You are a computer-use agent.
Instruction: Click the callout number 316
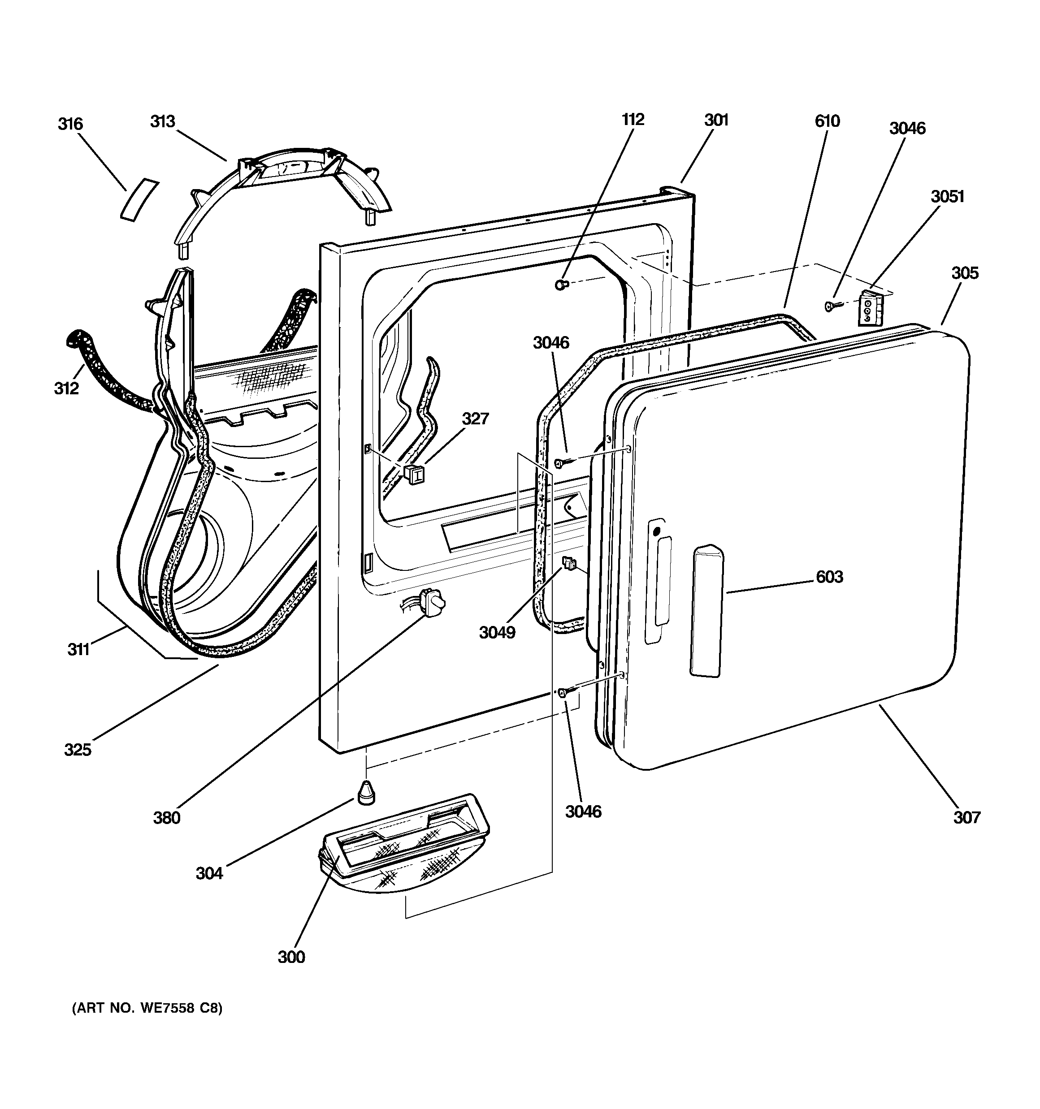pyautogui.click(x=70, y=124)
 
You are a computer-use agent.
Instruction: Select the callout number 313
pyautogui.click(x=162, y=121)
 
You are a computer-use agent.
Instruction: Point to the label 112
pyautogui.click(x=633, y=119)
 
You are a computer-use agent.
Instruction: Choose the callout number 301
pyautogui.click(x=716, y=120)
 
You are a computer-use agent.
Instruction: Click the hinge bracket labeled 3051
pyautogui.click(x=868, y=307)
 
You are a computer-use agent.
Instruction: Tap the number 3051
pyautogui.click(x=947, y=196)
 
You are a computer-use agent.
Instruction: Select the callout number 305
pyautogui.click(x=965, y=273)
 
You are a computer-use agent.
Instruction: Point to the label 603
pyautogui.click(x=830, y=577)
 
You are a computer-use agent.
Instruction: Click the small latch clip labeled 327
pyautogui.click(x=414, y=474)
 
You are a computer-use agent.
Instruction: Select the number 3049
pyautogui.click(x=497, y=633)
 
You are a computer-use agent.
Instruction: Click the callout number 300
pyautogui.click(x=291, y=957)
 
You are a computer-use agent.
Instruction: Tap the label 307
pyautogui.click(x=967, y=817)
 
